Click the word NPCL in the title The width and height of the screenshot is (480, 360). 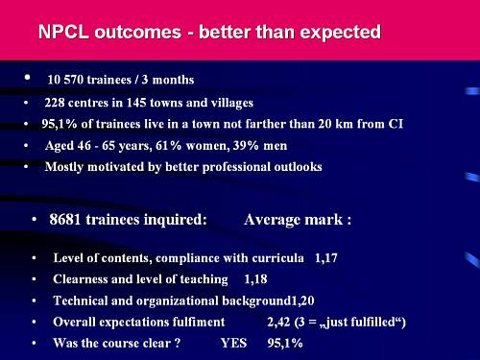coord(63,32)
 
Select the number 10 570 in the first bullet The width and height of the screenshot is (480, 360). coord(65,80)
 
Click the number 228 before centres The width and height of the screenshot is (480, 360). coord(54,103)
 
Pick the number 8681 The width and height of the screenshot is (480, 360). coord(64,220)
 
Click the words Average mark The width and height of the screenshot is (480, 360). coord(294,220)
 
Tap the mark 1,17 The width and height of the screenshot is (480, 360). coord(326,258)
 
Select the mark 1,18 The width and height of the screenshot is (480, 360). coord(255,279)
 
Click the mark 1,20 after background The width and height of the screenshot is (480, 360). coord(302,300)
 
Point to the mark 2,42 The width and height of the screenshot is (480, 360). coord(278,322)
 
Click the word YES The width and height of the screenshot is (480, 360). coord(233,343)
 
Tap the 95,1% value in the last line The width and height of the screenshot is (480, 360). coord(285,343)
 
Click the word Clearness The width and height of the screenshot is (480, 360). coord(81,279)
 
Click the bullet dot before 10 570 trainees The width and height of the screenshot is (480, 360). coord(27,77)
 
